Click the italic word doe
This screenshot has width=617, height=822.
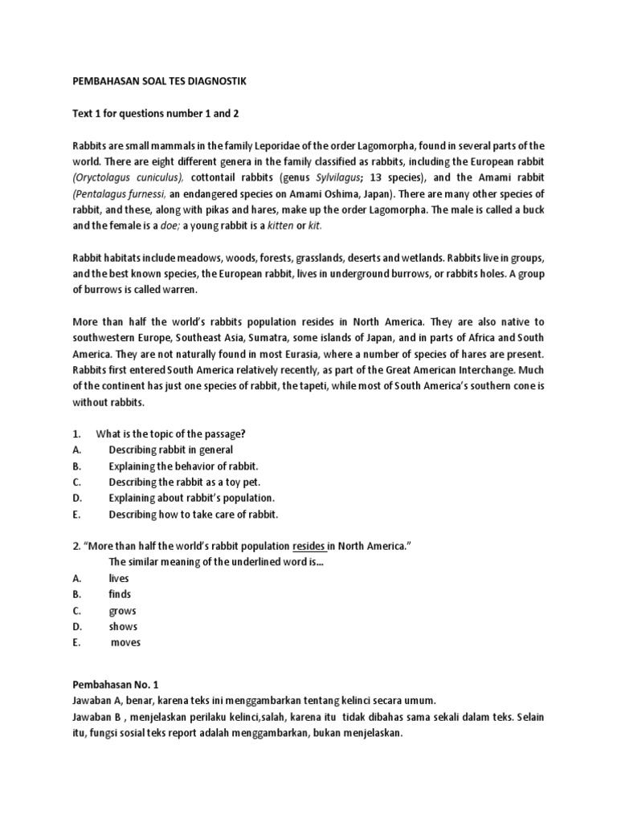tap(167, 226)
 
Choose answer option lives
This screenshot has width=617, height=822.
tap(119, 578)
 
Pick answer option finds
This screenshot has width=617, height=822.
tap(119, 594)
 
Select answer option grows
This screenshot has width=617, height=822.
tap(122, 610)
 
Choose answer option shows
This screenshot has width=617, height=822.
tap(123, 626)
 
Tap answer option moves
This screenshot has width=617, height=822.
tap(125, 642)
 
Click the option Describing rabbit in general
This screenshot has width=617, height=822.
tap(170, 450)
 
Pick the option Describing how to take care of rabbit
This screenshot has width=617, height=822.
tap(193, 514)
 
